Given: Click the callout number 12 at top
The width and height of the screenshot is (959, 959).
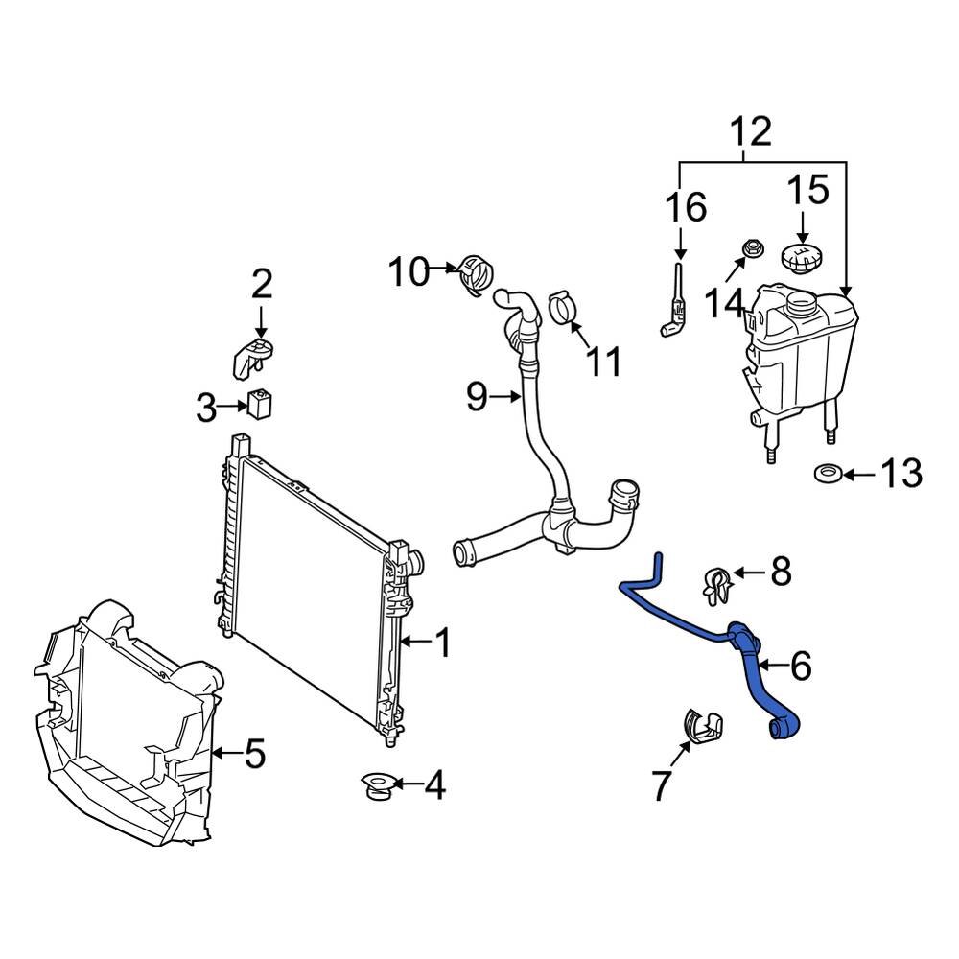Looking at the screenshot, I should (751, 131).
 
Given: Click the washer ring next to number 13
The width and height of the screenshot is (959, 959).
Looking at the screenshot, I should (827, 473).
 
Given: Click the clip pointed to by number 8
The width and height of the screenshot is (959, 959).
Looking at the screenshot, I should (715, 583).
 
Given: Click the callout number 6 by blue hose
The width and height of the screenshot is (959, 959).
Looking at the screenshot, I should (800, 664).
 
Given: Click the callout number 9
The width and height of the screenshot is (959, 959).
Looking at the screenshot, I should (477, 396).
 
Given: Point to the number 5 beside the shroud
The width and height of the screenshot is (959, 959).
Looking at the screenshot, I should (253, 754).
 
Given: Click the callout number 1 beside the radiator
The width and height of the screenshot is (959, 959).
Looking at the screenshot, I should (442, 643).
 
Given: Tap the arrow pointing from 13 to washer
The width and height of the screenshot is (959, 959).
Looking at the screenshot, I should (860, 474).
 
